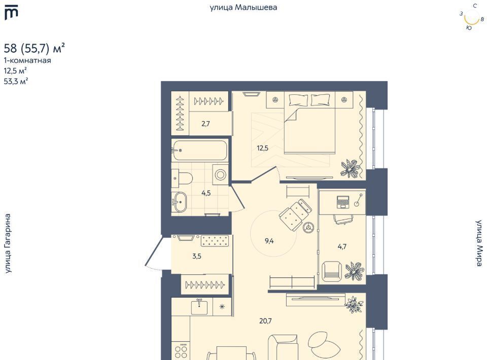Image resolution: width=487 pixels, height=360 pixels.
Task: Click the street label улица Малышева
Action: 243,8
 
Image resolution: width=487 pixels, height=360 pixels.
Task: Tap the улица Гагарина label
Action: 8,243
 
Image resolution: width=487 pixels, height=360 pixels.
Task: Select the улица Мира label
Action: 479,243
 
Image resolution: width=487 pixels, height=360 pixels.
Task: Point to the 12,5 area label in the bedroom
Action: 262,148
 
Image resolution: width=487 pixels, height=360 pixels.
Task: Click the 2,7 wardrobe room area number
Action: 205,124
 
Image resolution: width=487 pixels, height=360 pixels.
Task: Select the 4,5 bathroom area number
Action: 206,193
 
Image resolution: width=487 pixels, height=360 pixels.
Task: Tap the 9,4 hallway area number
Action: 269,241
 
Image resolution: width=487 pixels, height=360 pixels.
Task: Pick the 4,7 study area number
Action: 342,247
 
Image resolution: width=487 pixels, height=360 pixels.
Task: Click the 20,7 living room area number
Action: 265,321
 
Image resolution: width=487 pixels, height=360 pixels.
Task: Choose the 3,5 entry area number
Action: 197,257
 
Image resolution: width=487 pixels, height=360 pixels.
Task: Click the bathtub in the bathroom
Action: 199,151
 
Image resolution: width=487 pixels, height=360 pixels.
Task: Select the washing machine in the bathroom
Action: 220,174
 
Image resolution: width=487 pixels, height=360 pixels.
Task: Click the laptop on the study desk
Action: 343,202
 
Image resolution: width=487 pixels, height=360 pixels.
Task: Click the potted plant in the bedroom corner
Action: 351,169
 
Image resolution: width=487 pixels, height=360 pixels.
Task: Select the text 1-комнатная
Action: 27,60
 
